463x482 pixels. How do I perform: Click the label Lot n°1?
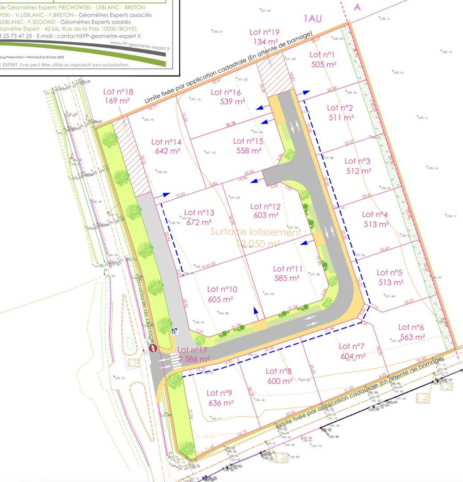(322, 54)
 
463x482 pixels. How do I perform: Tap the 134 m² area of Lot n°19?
(265, 42)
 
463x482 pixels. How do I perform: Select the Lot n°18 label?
(118, 92)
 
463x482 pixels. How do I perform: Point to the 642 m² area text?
(166, 151)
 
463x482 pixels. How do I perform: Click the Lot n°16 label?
(226, 92)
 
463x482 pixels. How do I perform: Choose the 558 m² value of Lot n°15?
(248, 151)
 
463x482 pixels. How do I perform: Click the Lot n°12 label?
(265, 206)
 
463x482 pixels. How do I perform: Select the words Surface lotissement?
(256, 232)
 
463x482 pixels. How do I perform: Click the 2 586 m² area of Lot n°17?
(194, 359)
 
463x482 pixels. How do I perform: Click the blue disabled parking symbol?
(174, 331)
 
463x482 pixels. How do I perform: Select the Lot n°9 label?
(220, 393)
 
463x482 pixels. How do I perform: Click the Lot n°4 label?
(375, 215)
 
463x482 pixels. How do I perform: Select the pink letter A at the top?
(357, 7)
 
